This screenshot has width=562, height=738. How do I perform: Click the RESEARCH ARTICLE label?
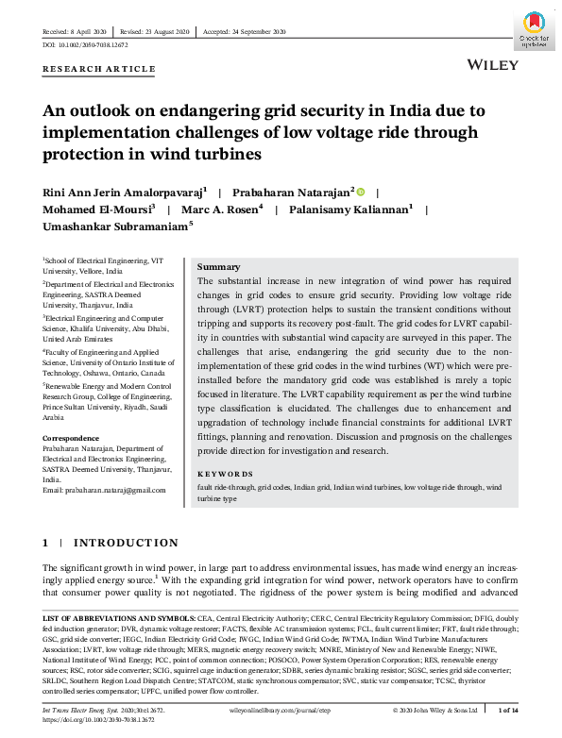point(99,69)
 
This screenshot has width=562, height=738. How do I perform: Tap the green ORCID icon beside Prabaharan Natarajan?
point(361,191)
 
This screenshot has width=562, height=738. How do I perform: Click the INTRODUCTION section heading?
point(126,543)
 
